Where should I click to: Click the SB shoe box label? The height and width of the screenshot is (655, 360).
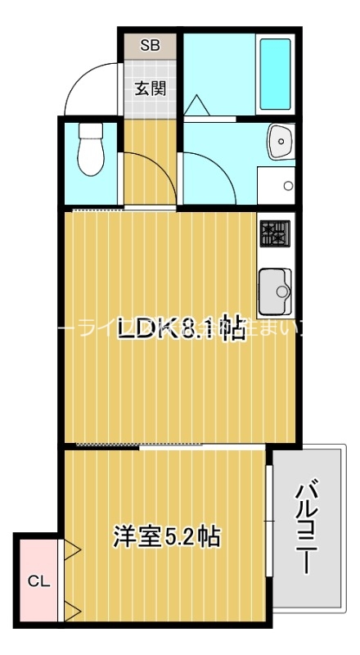coord(150,46)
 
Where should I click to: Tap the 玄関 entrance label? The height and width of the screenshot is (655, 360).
coord(150,88)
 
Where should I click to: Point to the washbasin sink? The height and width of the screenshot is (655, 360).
coord(280,144)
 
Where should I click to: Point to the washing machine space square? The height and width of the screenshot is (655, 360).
coord(277,185)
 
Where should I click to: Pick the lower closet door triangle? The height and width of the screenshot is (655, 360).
coord(71,611)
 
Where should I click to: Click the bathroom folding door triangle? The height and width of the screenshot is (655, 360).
coord(196,106)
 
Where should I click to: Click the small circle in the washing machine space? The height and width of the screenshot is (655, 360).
coord(287,186)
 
